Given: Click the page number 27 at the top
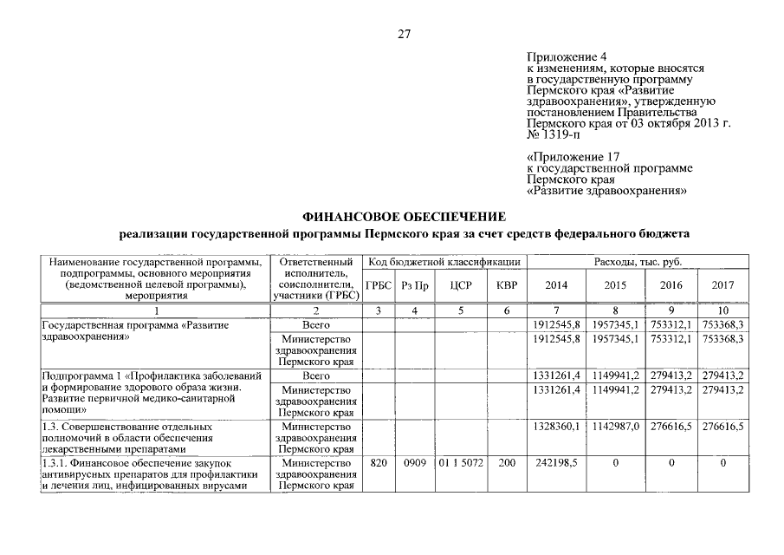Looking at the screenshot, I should [x=404, y=35].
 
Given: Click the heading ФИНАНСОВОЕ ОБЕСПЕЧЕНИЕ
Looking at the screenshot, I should [x=403, y=216].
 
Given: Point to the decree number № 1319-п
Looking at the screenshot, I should [x=554, y=134].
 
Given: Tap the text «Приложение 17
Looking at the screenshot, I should [x=568, y=157].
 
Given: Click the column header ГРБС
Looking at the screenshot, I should [x=379, y=285].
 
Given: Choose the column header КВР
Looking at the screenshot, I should [x=507, y=285].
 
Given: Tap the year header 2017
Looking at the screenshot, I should [x=722, y=285].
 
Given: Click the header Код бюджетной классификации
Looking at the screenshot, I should [x=442, y=262].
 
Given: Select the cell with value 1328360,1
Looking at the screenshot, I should [x=557, y=428].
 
